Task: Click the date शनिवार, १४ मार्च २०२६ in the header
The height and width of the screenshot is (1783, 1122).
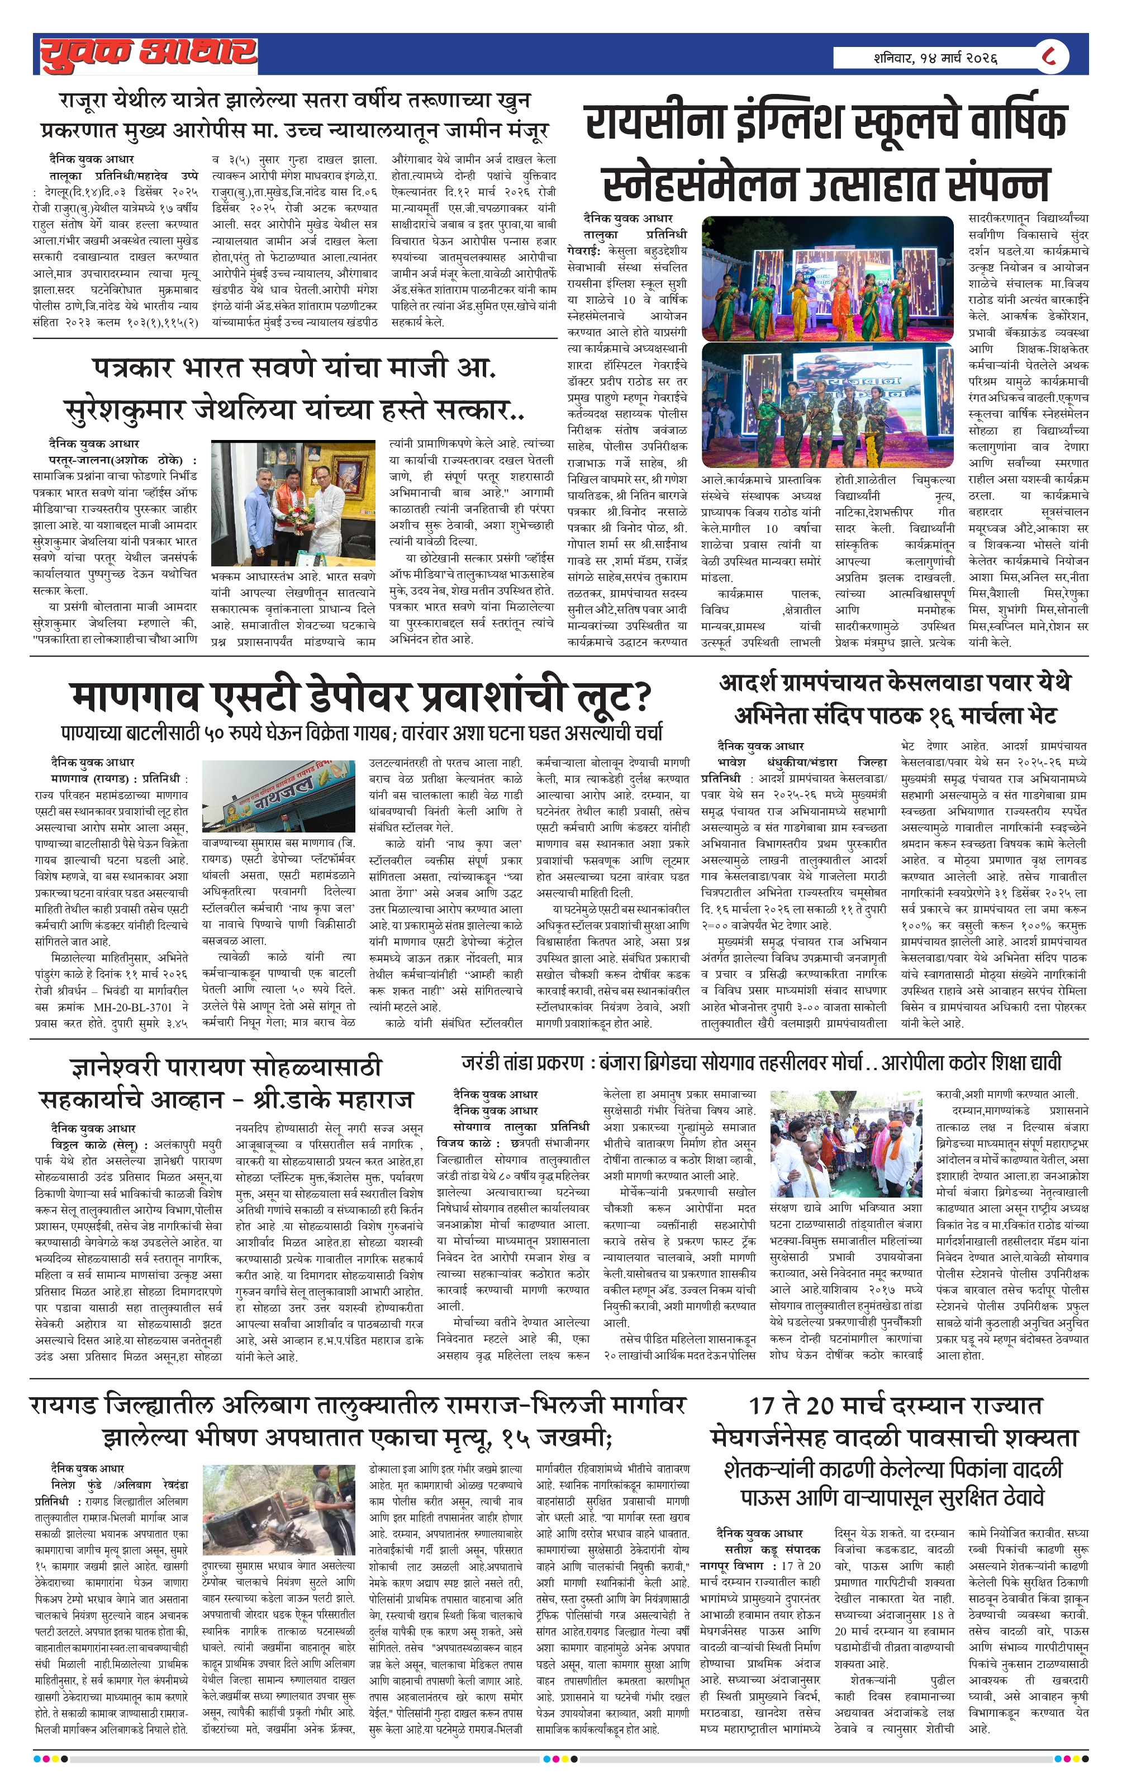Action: [x=935, y=58]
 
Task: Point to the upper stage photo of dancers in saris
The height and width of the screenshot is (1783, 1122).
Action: [x=827, y=278]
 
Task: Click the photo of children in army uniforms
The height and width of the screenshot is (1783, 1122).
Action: [x=827, y=405]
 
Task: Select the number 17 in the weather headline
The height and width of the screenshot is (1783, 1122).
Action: [x=762, y=1406]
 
